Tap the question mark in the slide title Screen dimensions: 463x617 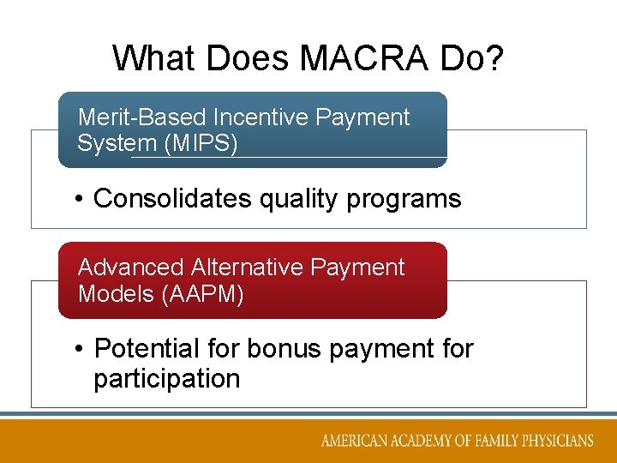(494, 58)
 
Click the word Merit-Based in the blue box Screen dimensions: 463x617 (141, 117)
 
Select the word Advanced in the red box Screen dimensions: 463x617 (130, 268)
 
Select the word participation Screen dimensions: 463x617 (167, 378)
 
